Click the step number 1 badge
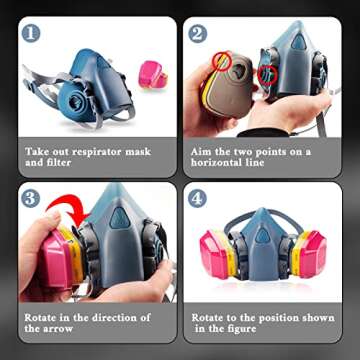(31, 34)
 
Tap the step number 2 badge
(197, 34)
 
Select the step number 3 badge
(31, 199)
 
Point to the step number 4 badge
(197, 199)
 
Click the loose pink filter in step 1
(153, 74)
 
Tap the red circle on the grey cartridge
(222, 61)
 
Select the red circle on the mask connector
(267, 75)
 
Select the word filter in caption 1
(59, 163)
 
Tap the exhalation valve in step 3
(120, 218)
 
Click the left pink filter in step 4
(216, 253)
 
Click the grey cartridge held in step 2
(229, 86)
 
